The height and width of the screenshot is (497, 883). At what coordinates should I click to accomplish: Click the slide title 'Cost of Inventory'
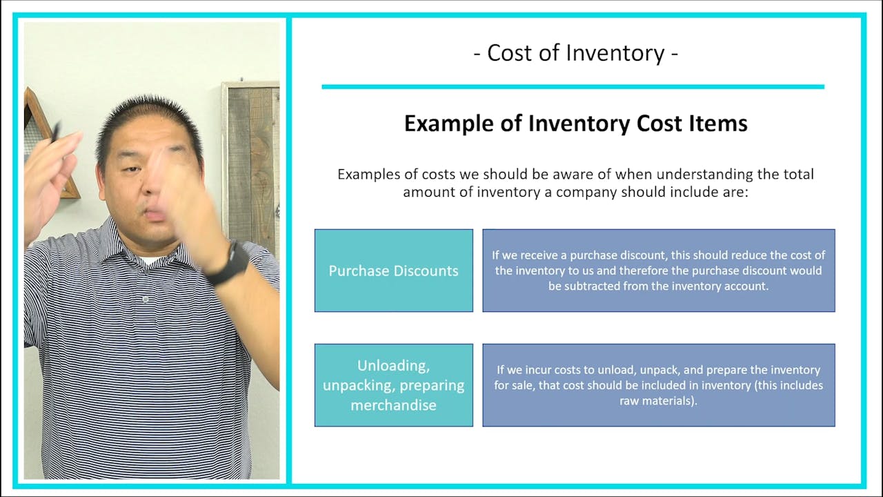tap(575, 53)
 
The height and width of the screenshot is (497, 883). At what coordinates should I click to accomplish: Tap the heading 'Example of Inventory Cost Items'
tap(575, 124)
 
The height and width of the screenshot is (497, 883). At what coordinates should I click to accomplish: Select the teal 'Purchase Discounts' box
tap(393, 271)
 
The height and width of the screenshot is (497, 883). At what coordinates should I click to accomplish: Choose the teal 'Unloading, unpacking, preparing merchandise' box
tap(393, 385)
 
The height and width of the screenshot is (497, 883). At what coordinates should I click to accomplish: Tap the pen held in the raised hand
tap(54, 131)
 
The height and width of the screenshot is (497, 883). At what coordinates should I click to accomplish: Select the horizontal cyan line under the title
tap(573, 87)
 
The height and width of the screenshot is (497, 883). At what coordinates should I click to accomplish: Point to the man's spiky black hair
tap(148, 117)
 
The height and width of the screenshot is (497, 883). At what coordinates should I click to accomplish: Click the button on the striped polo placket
tap(146, 300)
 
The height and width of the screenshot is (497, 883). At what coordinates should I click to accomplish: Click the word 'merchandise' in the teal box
tap(393, 405)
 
